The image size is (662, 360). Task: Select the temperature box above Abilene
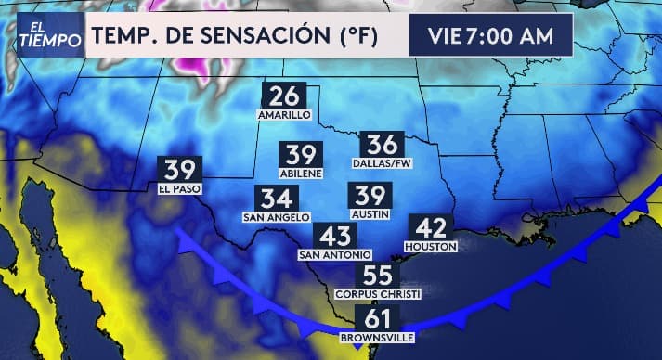coord(302,156)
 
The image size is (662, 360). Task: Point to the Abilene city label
coord(302,174)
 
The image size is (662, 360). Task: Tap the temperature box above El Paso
coord(181,171)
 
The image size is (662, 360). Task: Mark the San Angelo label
coord(277,217)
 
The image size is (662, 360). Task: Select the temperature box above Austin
coord(370,196)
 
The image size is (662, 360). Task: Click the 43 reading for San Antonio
coord(334,236)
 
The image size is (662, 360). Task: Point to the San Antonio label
coord(334,254)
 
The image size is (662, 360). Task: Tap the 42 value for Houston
coord(432,228)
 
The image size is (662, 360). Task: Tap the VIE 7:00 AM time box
coord(490,36)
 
